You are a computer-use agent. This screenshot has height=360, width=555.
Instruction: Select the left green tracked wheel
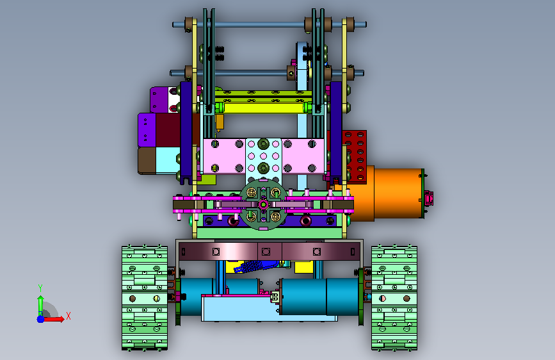coord(145,298)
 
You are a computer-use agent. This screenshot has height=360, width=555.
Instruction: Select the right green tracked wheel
coord(394,298)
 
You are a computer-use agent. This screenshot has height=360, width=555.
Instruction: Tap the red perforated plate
coord(354,156)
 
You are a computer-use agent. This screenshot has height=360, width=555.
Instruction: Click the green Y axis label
coord(40,288)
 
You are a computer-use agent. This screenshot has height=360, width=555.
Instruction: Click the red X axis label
coord(68,316)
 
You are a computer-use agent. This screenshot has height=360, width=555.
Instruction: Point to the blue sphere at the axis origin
coord(41,319)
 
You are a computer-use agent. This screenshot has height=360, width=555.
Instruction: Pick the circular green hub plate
coord(263,204)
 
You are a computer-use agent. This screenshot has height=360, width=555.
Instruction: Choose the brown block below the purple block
coord(147,161)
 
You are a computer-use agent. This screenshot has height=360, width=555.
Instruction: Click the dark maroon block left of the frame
coord(168,129)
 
